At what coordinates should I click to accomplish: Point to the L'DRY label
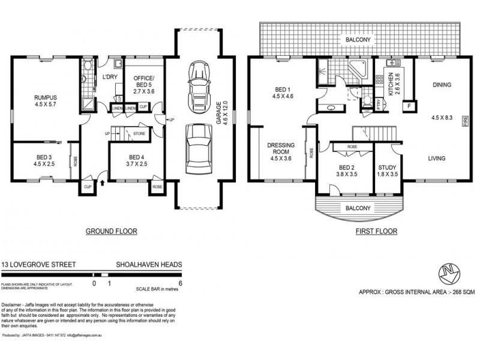point(109,77)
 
